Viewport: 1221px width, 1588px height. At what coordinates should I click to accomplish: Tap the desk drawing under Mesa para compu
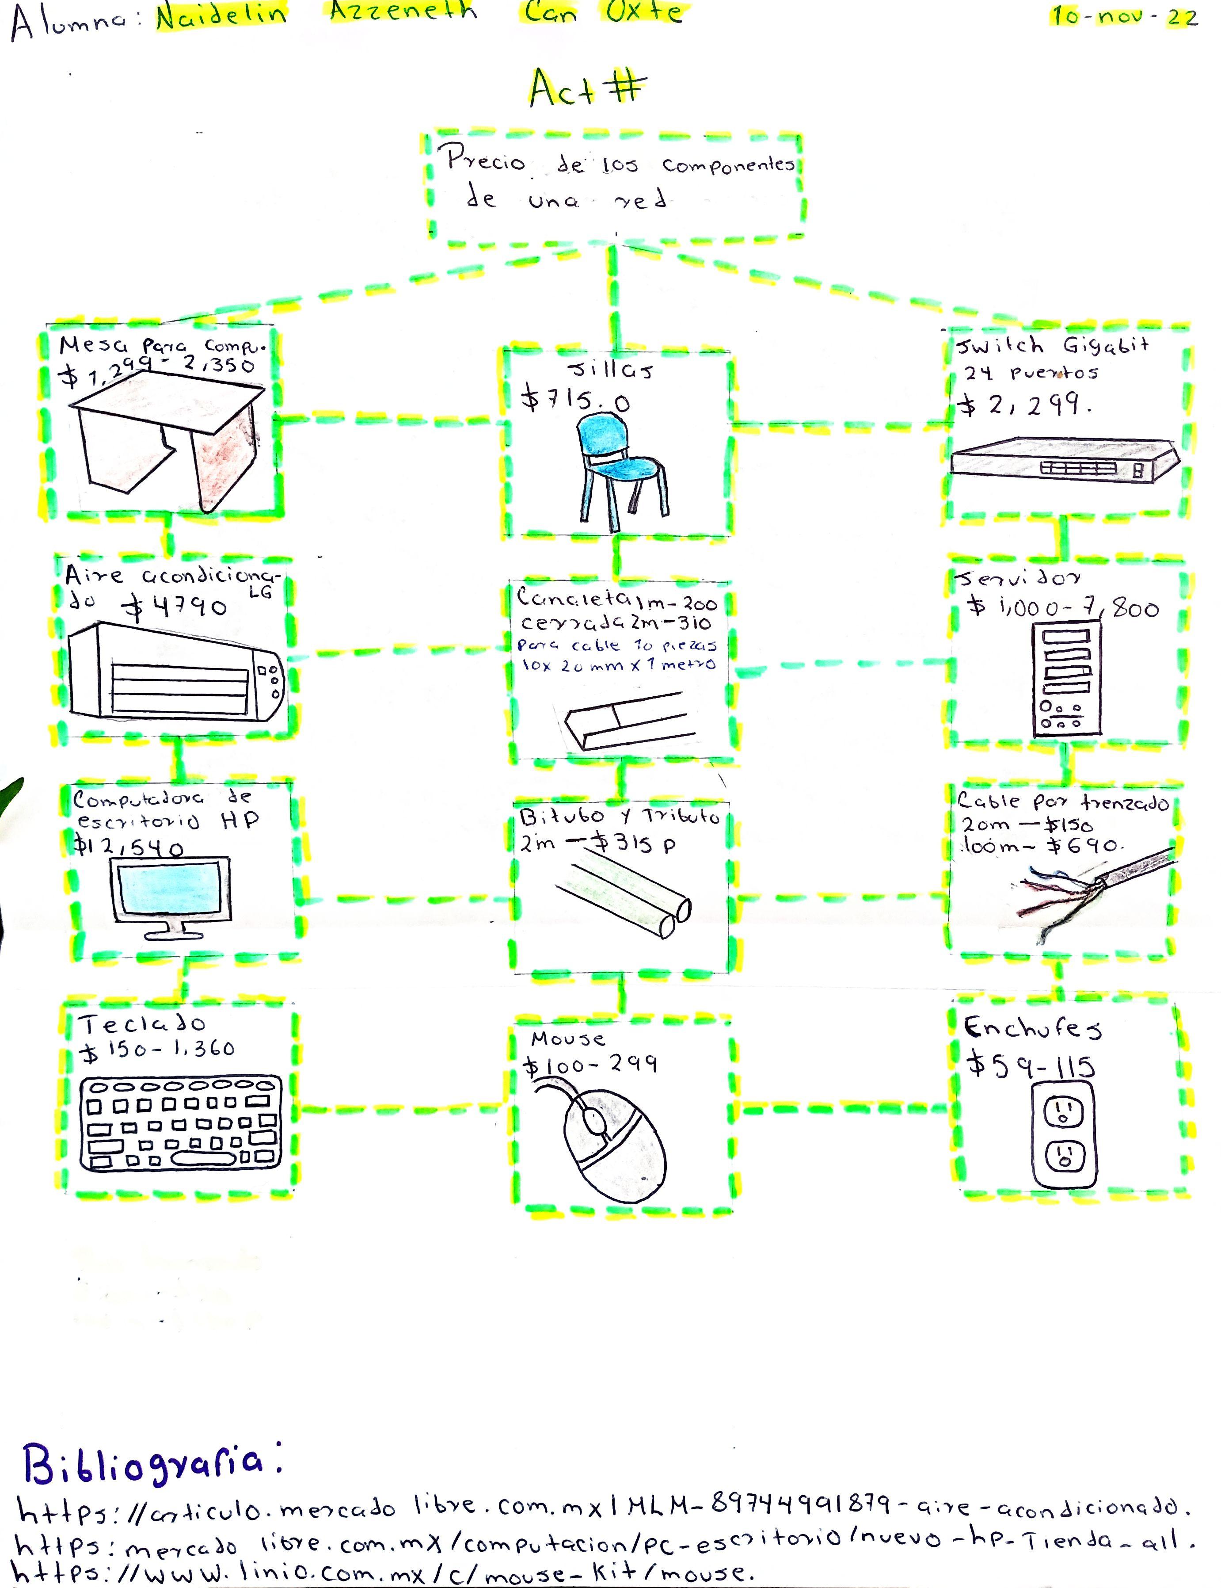click(171, 443)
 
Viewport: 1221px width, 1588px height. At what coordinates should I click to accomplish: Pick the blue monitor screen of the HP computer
click(173, 891)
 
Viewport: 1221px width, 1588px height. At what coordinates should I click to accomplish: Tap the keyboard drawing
click(179, 1123)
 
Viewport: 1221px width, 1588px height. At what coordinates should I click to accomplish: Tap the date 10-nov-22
click(1123, 16)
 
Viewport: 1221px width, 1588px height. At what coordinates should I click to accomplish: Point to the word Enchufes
click(1032, 1028)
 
